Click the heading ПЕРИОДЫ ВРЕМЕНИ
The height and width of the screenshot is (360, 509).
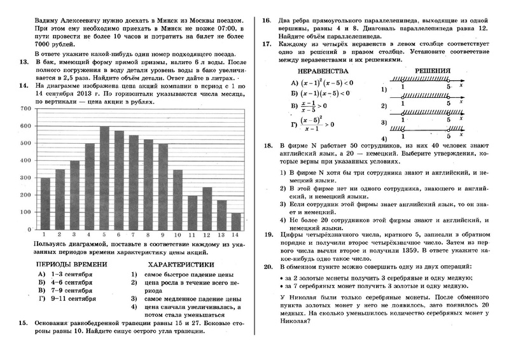[71, 264]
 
